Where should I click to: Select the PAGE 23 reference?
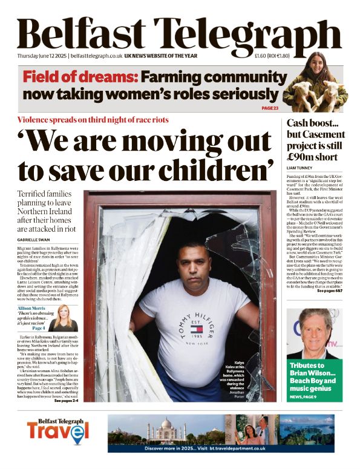coord(270,108)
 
